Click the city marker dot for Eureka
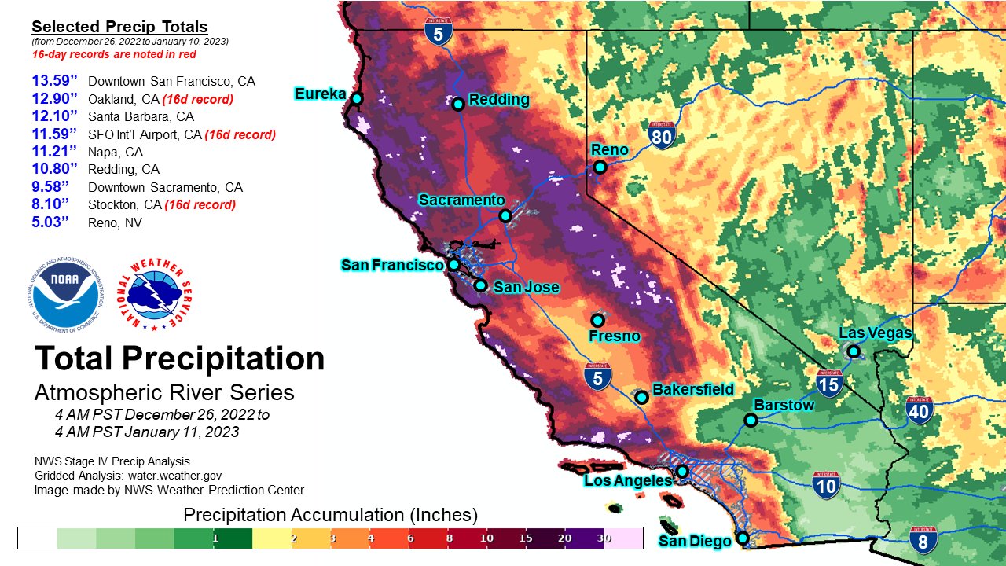[x=357, y=98]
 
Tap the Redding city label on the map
[x=498, y=100]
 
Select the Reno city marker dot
[x=600, y=167]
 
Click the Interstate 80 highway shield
[x=663, y=136]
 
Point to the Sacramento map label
[x=461, y=200]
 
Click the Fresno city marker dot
[x=597, y=320]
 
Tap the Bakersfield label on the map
[x=693, y=389]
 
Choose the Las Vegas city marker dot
[x=853, y=351]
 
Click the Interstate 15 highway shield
[x=829, y=383]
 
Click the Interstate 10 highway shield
[x=826, y=485]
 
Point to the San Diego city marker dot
[x=742, y=539]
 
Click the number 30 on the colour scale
[x=603, y=538]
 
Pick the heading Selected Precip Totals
[x=119, y=28]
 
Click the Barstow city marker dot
[x=751, y=420]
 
